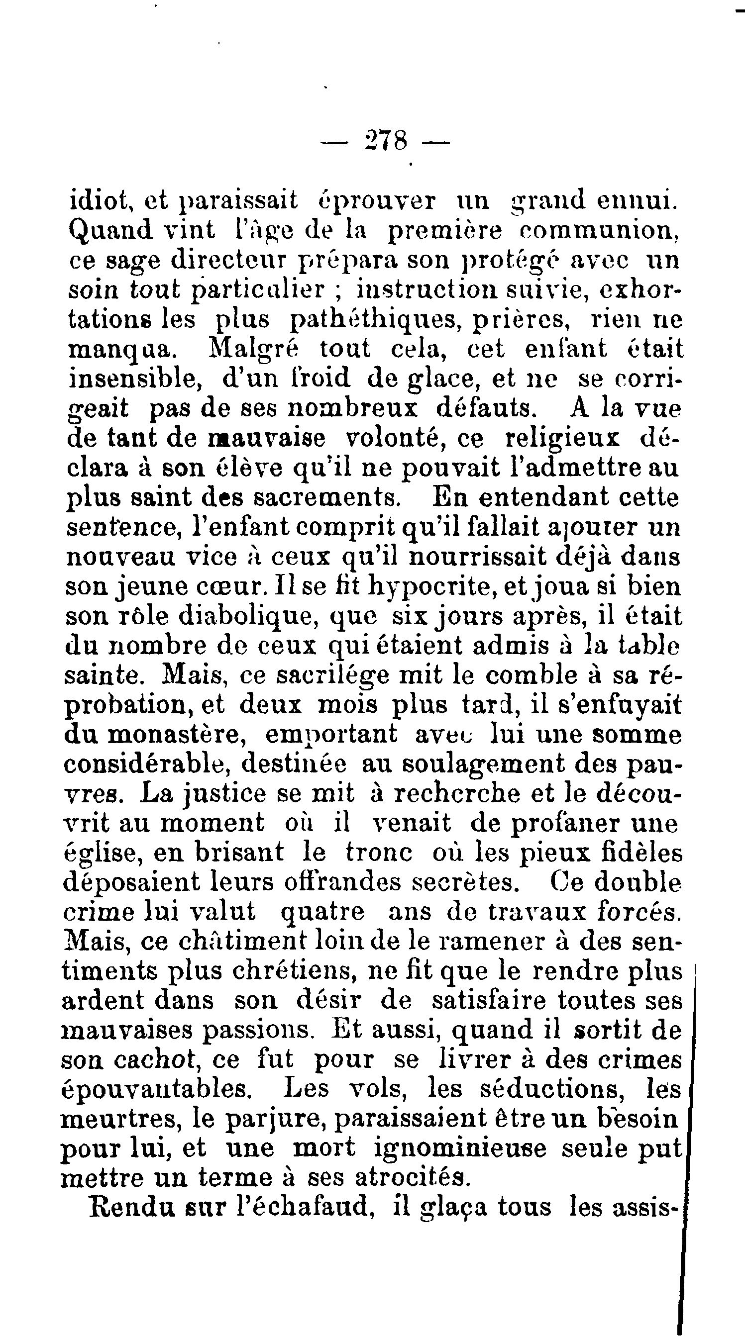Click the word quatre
322,912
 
